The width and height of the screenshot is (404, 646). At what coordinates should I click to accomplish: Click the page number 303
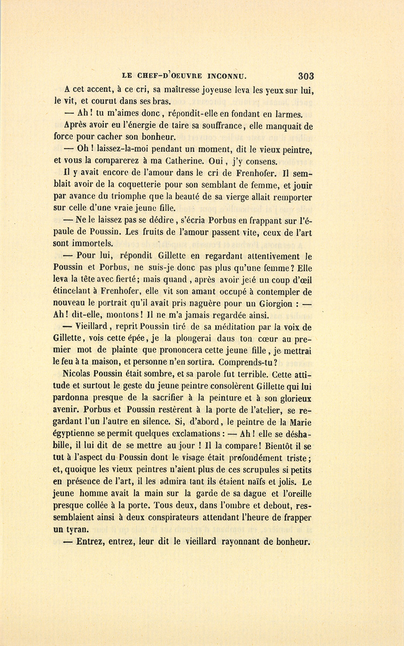point(305,76)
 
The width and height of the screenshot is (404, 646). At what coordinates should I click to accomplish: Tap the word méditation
point(254,327)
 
